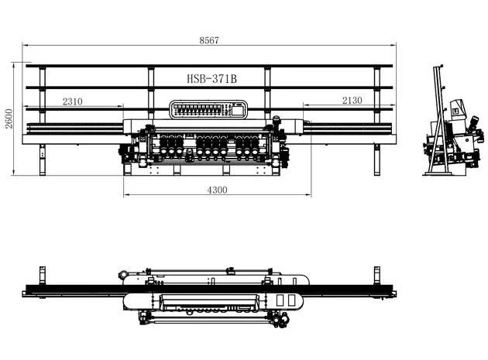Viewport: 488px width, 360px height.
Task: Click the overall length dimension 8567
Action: [208, 40]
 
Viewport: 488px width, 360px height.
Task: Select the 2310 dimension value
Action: [73, 101]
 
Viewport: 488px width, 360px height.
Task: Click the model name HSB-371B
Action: [211, 79]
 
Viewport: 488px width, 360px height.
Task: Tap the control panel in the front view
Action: [208, 110]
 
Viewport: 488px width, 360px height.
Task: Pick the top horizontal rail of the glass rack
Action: [210, 67]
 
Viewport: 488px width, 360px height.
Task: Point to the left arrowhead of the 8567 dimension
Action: [24, 46]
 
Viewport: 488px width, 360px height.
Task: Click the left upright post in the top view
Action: [40, 275]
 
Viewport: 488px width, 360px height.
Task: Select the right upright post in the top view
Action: [378, 275]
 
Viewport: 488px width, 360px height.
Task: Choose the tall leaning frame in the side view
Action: [438, 116]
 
